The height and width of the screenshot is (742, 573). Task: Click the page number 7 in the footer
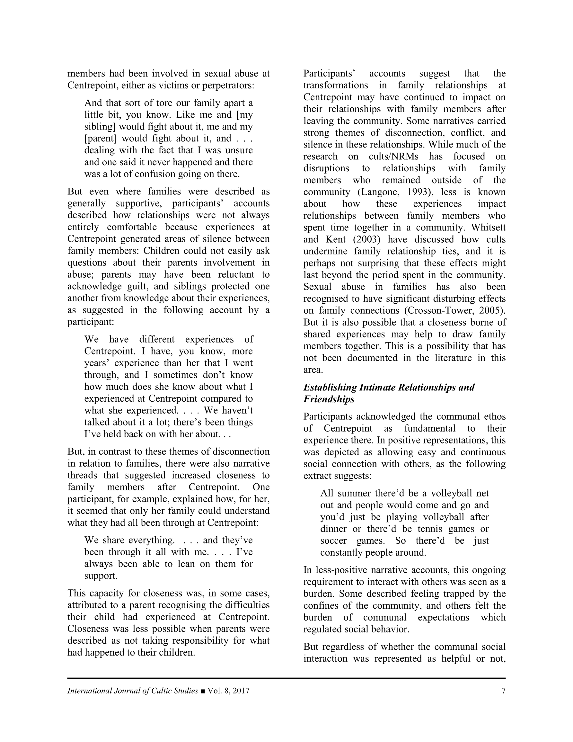coord(503,691)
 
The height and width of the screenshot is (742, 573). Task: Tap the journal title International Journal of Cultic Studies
coord(132,691)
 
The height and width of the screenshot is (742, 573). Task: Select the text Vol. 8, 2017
coord(229,691)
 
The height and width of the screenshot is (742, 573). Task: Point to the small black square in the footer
coord(203,691)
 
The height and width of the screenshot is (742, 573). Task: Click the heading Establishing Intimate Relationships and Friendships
coord(389,393)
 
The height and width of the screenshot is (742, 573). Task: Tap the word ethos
coord(494,416)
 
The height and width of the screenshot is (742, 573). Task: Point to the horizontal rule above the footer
coord(286,678)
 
